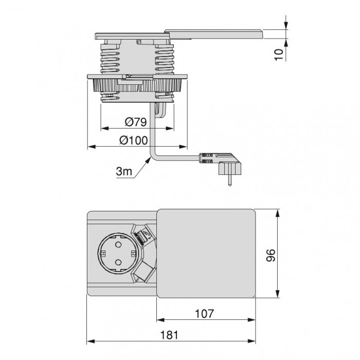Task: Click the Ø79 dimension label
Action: click(x=136, y=122)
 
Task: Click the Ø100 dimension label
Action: click(x=134, y=140)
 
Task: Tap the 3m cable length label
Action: click(x=124, y=171)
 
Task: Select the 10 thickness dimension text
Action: click(x=279, y=55)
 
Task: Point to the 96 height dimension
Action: click(x=271, y=255)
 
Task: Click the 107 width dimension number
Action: click(x=204, y=314)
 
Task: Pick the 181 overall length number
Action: click(x=169, y=335)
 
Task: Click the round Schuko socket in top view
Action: click(x=118, y=254)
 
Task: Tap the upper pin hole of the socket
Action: click(x=118, y=245)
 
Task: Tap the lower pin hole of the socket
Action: click(x=118, y=262)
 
